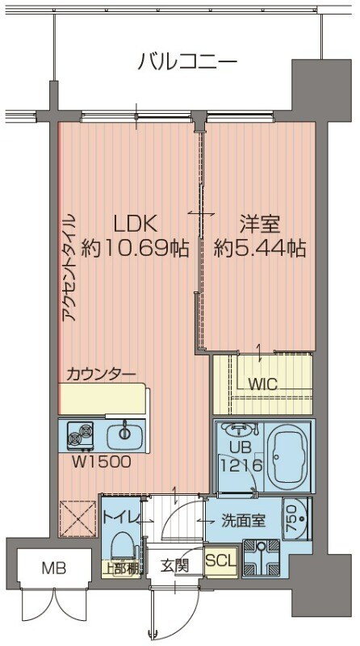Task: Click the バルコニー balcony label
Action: pyautogui.click(x=186, y=61)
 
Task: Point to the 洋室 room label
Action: pyautogui.click(x=258, y=223)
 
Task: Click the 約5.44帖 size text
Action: pyautogui.click(x=260, y=249)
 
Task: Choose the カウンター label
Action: pyautogui.click(x=101, y=373)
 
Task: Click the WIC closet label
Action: pyautogui.click(x=262, y=385)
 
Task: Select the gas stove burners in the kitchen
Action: pyautogui.click(x=82, y=435)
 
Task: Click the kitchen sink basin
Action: pyautogui.click(x=125, y=434)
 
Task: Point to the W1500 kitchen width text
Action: pyautogui.click(x=96, y=463)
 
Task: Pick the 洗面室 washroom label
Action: pyautogui.click(x=243, y=521)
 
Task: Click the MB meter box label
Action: pyautogui.click(x=33, y=569)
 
